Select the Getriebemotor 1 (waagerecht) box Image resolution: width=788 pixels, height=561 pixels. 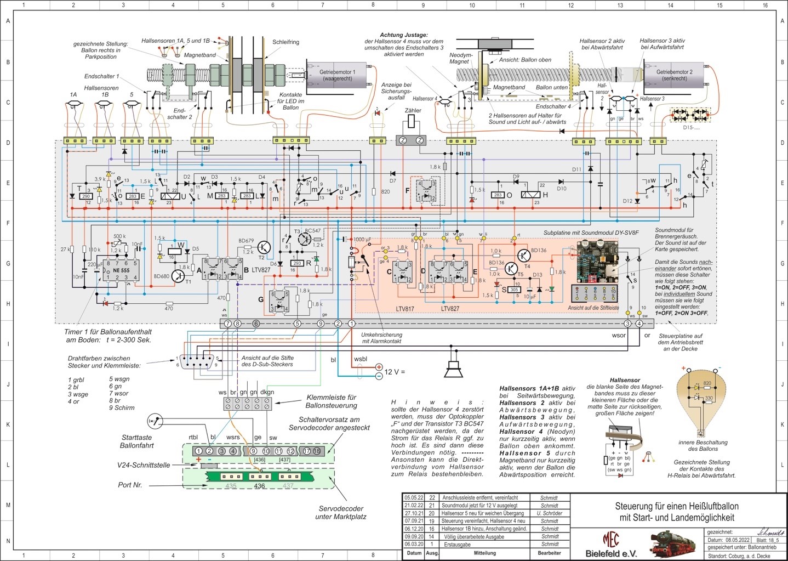[338, 76]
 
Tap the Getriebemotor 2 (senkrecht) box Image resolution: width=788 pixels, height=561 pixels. [674, 75]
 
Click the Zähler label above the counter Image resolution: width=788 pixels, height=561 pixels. [413, 111]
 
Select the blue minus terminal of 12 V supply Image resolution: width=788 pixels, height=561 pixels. [378, 376]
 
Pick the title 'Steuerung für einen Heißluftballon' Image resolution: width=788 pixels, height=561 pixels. [677, 506]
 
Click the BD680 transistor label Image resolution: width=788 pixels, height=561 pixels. [161, 276]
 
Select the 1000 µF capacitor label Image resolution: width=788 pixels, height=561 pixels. [362, 240]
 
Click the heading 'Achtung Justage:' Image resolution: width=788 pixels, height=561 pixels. [404, 35]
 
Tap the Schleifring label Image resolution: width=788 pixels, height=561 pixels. [285, 42]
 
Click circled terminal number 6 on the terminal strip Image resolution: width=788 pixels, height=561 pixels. [255, 324]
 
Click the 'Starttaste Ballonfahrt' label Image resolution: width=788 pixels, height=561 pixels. [137, 441]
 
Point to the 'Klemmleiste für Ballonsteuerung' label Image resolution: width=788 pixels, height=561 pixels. [331, 401]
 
